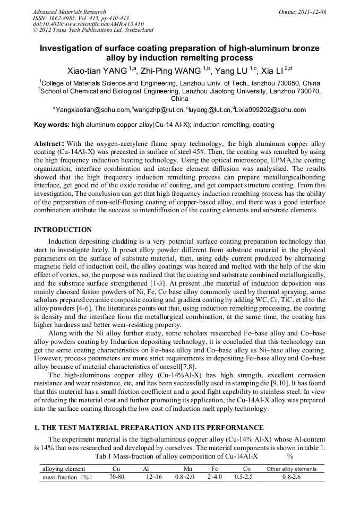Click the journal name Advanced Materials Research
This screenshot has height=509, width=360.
pos(70,12)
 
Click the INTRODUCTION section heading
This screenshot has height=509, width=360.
pos(63,230)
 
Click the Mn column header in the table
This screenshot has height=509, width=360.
pos(188,469)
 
